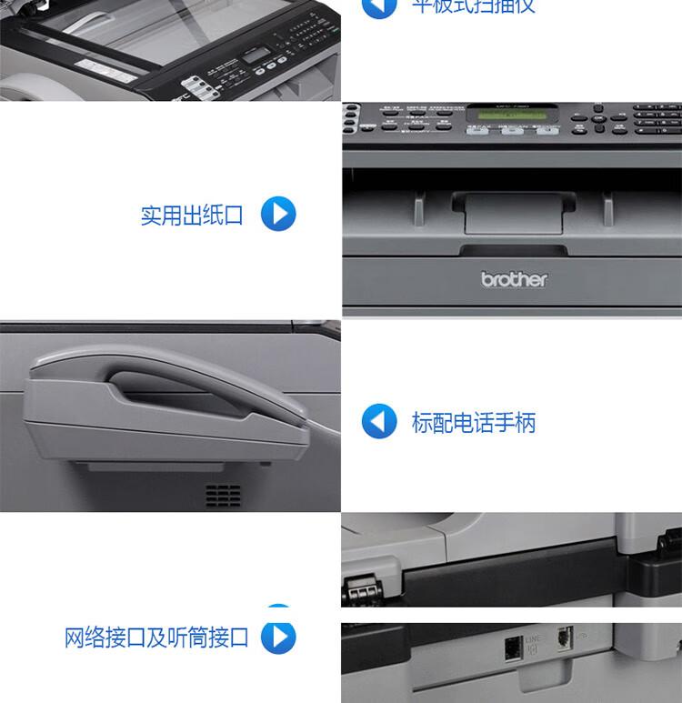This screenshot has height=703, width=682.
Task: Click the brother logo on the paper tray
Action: tap(514, 279)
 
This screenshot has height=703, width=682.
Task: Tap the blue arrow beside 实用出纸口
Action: tap(278, 214)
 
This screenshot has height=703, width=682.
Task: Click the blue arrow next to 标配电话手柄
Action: tap(379, 422)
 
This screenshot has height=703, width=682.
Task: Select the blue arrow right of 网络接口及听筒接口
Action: tap(278, 637)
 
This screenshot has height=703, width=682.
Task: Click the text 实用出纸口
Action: tap(192, 216)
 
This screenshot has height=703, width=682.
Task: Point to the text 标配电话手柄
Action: tap(474, 423)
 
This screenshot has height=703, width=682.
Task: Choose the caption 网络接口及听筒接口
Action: tap(156, 638)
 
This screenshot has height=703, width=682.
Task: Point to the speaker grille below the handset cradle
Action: tap(223, 495)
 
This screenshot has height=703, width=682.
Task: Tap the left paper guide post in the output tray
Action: tap(419, 207)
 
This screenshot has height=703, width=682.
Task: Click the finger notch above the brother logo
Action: tap(514, 249)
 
